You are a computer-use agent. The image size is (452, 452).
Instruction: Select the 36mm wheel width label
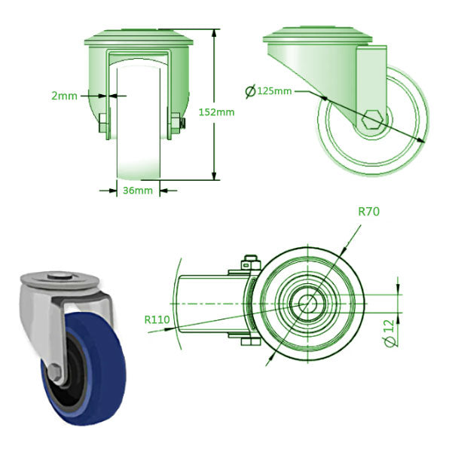coord(138,191)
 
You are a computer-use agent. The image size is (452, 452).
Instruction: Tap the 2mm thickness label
coord(65,95)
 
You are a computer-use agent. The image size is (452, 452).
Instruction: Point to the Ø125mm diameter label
coord(269,91)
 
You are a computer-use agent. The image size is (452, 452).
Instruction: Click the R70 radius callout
coord(368,212)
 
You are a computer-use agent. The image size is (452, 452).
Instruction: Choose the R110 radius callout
coord(156,319)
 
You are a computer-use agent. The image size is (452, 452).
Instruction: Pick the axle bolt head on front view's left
coord(102,124)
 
